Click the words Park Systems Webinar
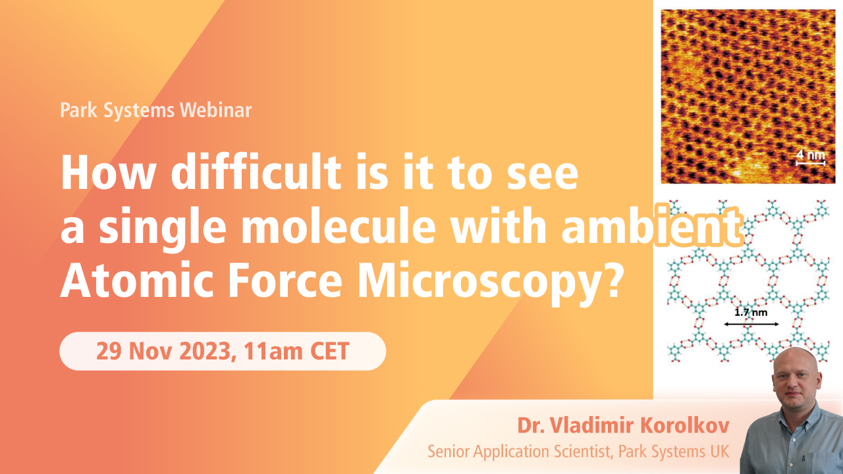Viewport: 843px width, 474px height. [x=155, y=110]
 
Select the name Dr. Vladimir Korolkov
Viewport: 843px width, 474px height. [x=624, y=426]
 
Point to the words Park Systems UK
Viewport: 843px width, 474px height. [x=680, y=452]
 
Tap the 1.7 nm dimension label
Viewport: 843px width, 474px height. [x=751, y=313]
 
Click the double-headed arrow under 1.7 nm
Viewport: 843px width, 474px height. [x=751, y=324]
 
